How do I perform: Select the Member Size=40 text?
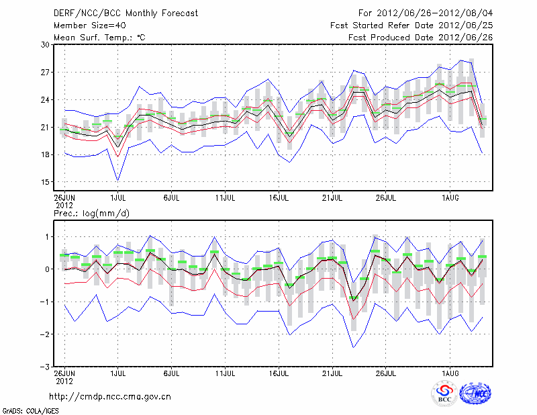pyautogui.click(x=85, y=25)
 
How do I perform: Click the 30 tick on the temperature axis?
pyautogui.click(x=45, y=44)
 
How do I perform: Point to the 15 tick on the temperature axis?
pyautogui.click(x=45, y=182)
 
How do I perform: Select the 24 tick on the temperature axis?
pyautogui.click(x=45, y=99)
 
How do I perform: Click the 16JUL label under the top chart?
pyautogui.click(x=279, y=198)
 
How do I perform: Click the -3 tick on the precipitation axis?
pyautogui.click(x=46, y=367)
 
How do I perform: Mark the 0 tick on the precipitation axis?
pyautogui.click(x=48, y=269)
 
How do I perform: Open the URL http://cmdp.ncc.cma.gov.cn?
pyautogui.click(x=110, y=396)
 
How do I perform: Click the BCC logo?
pyautogui.click(x=444, y=394)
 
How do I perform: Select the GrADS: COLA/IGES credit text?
pyautogui.click(x=24, y=410)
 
